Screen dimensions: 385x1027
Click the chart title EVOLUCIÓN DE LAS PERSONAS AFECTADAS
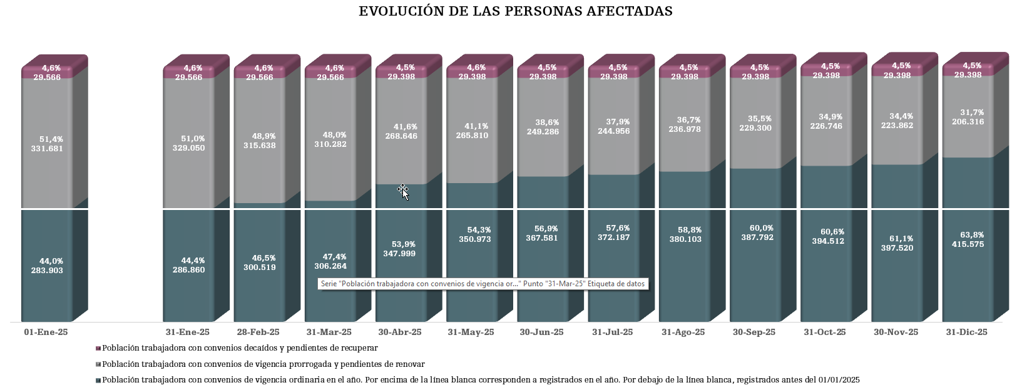515,11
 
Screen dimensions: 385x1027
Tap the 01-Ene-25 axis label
46,332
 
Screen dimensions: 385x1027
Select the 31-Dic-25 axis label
966,332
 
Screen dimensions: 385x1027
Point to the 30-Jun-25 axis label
541,332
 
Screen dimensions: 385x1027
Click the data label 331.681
47,149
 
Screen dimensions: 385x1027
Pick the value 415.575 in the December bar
968,244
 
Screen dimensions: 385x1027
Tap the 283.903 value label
47,271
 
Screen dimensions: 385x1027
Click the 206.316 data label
968,122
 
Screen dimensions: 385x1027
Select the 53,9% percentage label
401,244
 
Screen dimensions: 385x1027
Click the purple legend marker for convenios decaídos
98,348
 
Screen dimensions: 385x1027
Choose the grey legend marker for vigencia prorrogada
98,364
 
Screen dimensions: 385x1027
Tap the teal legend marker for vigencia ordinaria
98,380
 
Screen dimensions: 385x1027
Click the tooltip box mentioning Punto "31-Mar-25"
482,284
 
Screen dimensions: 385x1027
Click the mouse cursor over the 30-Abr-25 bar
404,192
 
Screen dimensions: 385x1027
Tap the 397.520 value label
896,248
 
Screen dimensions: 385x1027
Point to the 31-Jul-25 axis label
612,332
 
